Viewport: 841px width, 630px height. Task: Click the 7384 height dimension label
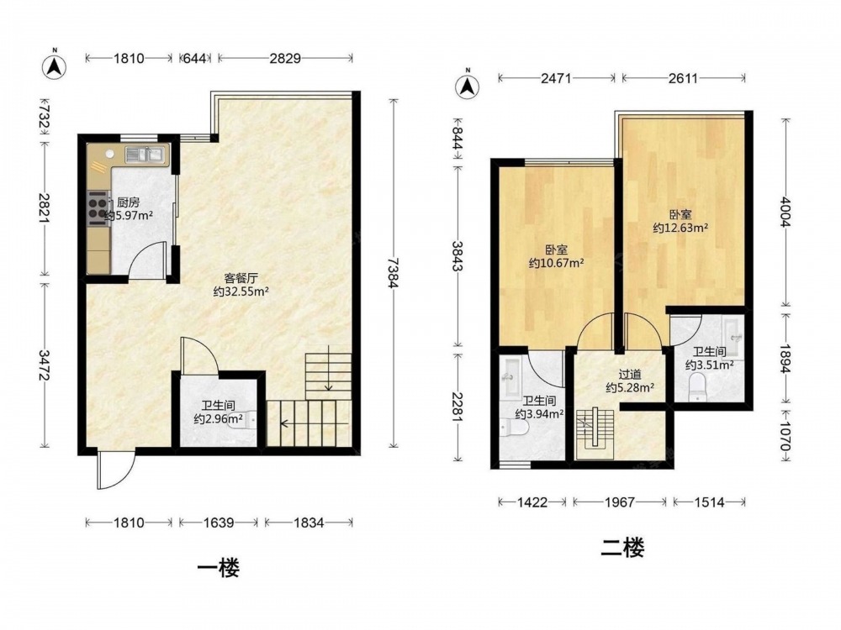tap(394, 273)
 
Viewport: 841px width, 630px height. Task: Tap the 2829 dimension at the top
tap(285, 58)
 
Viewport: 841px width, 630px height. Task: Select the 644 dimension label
tap(195, 58)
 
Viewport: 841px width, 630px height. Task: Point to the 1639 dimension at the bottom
tap(219, 522)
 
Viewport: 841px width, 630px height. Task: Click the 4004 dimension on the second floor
tap(785, 213)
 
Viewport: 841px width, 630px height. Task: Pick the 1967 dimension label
tap(620, 502)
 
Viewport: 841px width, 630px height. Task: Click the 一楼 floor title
tap(219, 568)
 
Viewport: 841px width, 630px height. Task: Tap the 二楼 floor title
tap(622, 548)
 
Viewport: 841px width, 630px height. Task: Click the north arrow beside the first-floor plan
tap(54, 66)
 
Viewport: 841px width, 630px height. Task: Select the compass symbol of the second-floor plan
tap(467, 85)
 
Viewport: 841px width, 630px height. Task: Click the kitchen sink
tap(144, 155)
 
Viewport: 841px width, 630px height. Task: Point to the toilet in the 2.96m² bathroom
tap(249, 417)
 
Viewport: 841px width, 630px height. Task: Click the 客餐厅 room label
tap(241, 278)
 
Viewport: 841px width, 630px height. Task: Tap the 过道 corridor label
tap(630, 375)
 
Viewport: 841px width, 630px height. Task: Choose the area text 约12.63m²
tap(680, 228)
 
